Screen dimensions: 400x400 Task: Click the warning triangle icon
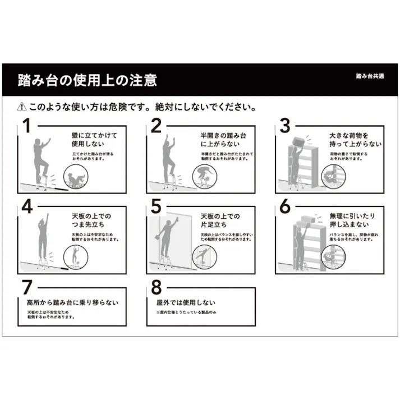(x=22, y=106)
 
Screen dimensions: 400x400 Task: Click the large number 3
(x=285, y=126)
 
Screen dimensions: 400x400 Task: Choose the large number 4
(x=26, y=206)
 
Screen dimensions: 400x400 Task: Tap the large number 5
(x=155, y=206)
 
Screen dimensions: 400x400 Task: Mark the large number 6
(x=285, y=206)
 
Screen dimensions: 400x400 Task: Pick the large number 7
(x=26, y=287)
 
